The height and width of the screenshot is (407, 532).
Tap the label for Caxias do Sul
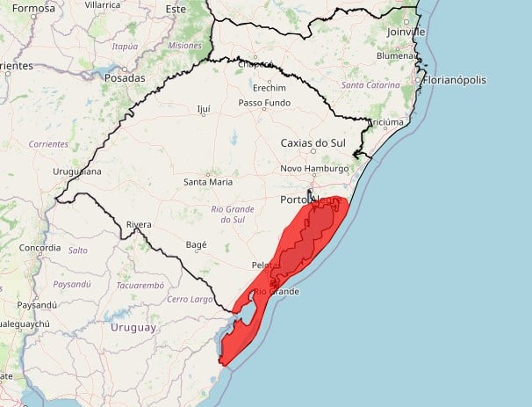(x=315, y=142)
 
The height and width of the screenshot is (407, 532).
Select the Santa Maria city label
(x=208, y=182)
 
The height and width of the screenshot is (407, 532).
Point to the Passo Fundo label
(x=264, y=103)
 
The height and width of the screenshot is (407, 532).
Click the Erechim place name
(x=268, y=88)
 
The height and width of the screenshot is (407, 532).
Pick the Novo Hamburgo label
(x=315, y=169)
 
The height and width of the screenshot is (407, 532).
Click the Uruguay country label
(x=133, y=327)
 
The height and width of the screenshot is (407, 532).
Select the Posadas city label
(x=124, y=77)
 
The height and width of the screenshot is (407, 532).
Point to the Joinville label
(x=406, y=32)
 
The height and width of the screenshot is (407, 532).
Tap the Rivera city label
(x=140, y=224)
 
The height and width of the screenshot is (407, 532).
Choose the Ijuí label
(x=205, y=110)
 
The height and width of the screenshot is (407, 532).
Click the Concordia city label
(x=40, y=248)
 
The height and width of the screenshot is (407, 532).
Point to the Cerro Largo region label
(x=191, y=300)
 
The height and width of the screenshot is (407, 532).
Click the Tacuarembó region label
(x=140, y=285)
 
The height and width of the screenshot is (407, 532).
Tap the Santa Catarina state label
(x=372, y=85)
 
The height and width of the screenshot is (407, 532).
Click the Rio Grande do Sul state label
(x=233, y=214)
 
